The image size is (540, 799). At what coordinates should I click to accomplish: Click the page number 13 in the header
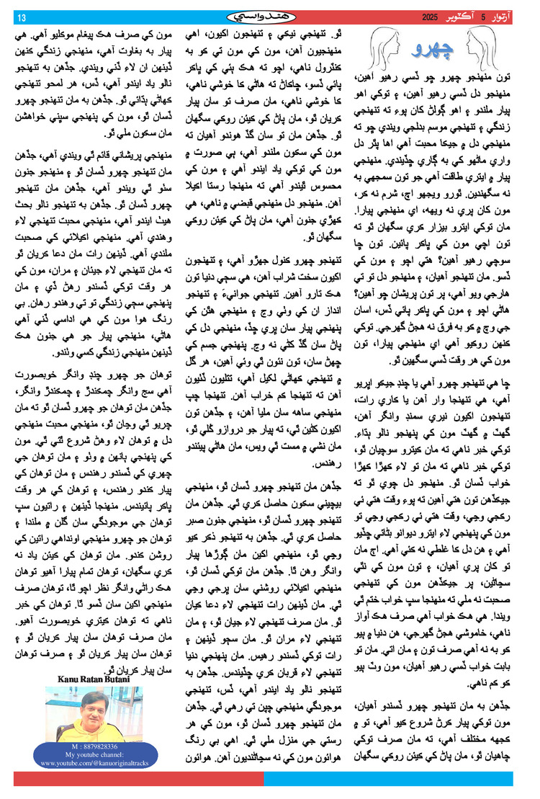pos(21,17)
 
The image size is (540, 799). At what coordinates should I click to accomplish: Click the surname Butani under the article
pos(113,680)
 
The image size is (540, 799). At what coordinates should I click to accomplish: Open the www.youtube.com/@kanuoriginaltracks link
pos(87,762)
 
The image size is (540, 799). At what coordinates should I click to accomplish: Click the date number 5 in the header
pos(463,16)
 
